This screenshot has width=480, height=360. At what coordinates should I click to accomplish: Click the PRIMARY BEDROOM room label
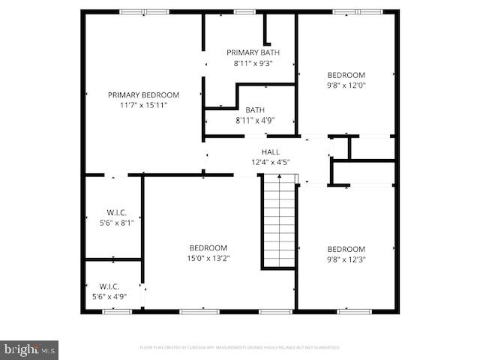[143, 94]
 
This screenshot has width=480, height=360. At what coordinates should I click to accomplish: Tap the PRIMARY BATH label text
[253, 52]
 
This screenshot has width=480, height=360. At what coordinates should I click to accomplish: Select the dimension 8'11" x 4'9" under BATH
[254, 120]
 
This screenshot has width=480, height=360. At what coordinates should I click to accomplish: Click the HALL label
[270, 151]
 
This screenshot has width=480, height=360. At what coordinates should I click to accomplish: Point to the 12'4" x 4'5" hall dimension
[270, 161]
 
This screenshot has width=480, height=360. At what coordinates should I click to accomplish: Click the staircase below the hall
[279, 221]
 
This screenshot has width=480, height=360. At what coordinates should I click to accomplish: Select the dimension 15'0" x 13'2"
[208, 258]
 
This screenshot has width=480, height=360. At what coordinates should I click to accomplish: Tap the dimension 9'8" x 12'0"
[346, 85]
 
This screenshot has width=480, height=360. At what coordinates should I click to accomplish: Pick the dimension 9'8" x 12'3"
[346, 259]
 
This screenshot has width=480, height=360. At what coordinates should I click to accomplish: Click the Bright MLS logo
[30, 349]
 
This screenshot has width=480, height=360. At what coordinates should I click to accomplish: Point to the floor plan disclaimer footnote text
[240, 347]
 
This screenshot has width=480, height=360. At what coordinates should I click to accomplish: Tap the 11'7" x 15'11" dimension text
[143, 105]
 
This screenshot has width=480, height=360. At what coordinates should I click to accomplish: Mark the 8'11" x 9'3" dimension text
[253, 63]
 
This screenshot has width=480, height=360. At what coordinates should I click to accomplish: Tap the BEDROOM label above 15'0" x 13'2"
[208, 248]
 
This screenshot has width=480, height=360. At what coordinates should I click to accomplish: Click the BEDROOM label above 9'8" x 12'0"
[346, 75]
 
